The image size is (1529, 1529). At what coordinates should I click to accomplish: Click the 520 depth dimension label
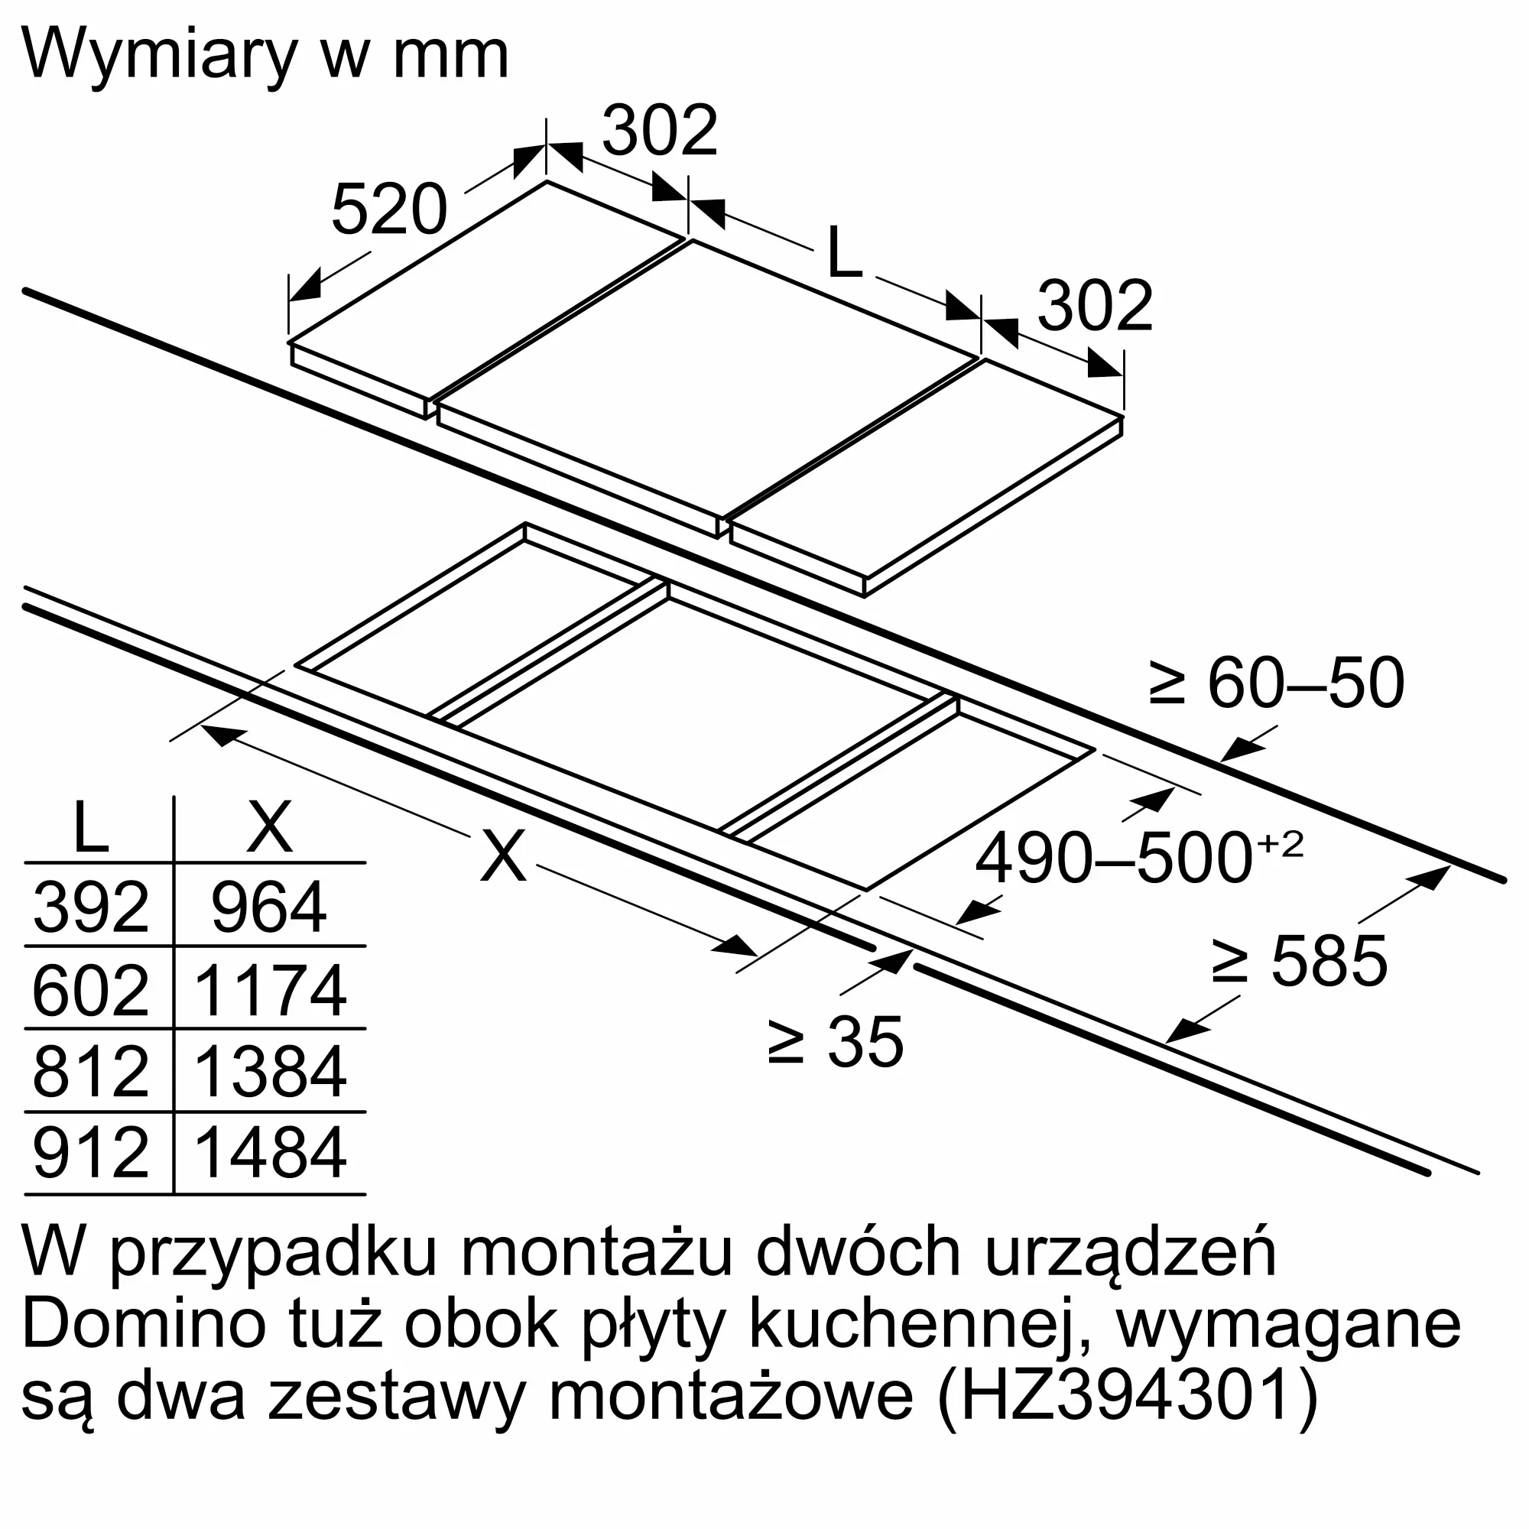[389, 209]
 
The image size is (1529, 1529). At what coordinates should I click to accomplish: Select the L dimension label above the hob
[844, 252]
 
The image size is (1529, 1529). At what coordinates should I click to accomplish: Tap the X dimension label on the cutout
[503, 856]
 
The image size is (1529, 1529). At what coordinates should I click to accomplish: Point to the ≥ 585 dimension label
[1299, 962]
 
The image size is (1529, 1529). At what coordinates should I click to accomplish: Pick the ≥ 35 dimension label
[836, 1042]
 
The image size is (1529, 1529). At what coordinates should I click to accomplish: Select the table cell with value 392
[91, 907]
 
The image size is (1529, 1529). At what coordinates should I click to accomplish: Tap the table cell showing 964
[269, 907]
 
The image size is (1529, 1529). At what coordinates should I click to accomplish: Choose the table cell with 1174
[269, 990]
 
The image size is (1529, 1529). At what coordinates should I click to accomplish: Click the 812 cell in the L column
[91, 1073]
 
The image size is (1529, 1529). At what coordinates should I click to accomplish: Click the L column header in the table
[90, 826]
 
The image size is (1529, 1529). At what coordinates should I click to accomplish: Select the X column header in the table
[270, 826]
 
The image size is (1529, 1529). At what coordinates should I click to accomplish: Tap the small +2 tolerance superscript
[1280, 845]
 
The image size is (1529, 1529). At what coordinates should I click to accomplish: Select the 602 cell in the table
[91, 990]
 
